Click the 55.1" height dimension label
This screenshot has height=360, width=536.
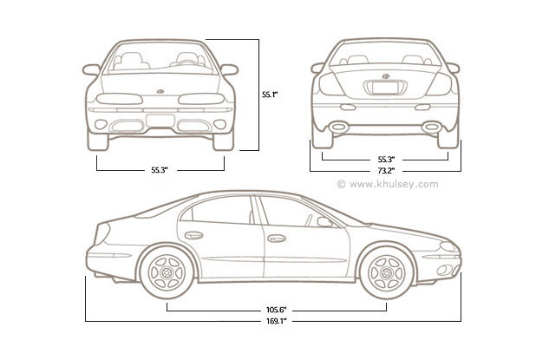pyautogui.click(x=271, y=94)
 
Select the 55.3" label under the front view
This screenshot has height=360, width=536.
pyautogui.click(x=159, y=171)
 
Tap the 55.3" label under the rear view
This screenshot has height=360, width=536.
pyautogui.click(x=386, y=160)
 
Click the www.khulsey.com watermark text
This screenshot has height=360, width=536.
pyautogui.click(x=391, y=184)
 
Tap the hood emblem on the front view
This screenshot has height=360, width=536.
pyautogui.click(x=160, y=91)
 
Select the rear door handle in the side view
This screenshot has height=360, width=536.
pyautogui.click(x=194, y=234)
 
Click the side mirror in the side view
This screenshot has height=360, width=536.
pyautogui.click(x=324, y=222)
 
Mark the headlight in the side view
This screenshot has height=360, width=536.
pyautogui.click(x=448, y=247)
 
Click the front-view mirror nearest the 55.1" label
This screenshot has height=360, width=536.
pyautogui.click(x=229, y=69)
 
